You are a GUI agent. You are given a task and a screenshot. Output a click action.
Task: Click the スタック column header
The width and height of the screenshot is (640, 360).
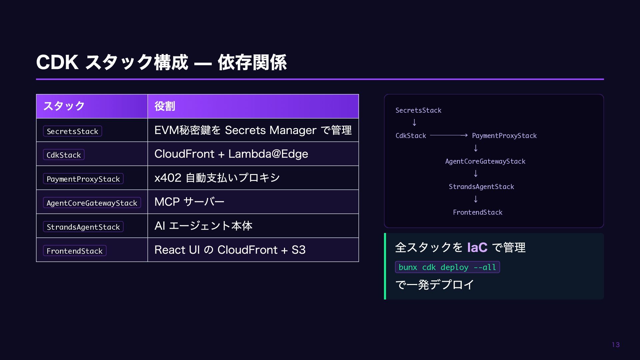tap(64, 106)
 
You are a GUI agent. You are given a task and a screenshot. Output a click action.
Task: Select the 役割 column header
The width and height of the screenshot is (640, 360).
tap(165, 106)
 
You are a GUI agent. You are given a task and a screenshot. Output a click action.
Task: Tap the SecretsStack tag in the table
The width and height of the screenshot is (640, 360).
tap(72, 131)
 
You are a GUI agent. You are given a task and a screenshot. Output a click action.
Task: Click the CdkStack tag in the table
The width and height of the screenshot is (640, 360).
tap(64, 155)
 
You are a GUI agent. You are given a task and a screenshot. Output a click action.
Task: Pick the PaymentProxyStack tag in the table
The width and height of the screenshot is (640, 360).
tap(83, 179)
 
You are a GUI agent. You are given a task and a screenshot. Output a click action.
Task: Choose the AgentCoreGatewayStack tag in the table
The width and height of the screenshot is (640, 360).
tap(92, 203)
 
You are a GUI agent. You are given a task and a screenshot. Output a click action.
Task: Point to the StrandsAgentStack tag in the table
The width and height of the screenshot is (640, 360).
tap(83, 227)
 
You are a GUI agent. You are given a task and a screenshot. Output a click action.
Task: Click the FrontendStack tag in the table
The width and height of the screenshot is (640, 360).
tap(75, 251)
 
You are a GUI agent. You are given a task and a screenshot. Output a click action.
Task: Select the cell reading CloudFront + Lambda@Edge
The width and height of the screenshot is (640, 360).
tap(231, 154)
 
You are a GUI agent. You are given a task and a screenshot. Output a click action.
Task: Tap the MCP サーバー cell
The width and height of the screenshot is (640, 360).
tap(189, 202)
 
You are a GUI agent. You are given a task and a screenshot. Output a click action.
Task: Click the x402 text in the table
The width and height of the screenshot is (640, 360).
tap(168, 178)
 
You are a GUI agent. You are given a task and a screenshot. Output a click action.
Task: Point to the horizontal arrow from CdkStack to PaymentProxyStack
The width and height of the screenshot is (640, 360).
tap(449, 135)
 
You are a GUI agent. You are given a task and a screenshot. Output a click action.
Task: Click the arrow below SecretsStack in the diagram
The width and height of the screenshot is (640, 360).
tap(414, 123)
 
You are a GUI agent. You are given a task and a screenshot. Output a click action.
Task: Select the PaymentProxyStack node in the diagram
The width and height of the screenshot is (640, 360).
tap(504, 136)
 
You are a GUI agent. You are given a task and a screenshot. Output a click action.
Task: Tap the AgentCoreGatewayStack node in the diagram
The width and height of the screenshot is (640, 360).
tap(485, 161)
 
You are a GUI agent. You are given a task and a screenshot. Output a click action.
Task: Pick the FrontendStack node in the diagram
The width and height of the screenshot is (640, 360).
tap(477, 212)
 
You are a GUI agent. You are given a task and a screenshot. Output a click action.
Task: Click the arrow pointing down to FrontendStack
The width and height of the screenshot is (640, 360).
tap(476, 199)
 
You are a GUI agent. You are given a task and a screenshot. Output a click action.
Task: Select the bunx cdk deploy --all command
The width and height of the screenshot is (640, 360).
tap(447, 267)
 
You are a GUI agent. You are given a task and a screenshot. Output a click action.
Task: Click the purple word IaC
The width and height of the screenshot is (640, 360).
tap(477, 247)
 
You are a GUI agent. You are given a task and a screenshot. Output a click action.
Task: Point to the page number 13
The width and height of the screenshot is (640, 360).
tap(616, 345)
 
